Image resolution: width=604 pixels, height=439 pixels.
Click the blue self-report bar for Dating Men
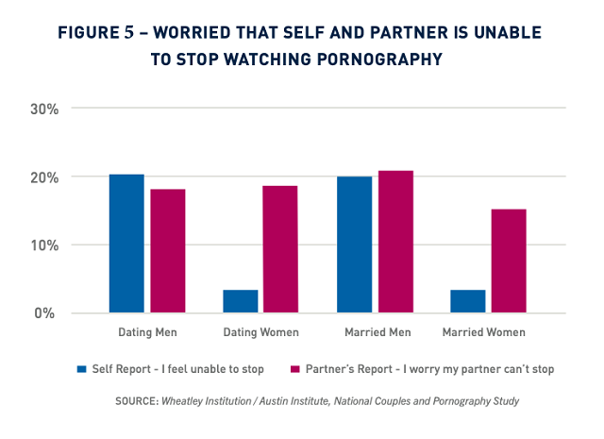point(126,244)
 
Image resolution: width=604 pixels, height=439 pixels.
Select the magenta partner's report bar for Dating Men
point(167,251)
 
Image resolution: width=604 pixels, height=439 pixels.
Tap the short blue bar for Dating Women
point(241,301)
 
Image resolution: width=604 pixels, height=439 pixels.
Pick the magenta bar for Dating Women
point(280,249)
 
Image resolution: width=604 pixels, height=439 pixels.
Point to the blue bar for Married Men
point(354,245)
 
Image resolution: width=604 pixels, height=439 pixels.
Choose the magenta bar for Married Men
point(394,242)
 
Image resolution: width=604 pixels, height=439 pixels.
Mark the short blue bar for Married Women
point(468,301)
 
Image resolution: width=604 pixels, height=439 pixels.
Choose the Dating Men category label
point(147,332)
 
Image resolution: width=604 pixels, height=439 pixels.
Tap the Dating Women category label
point(260,332)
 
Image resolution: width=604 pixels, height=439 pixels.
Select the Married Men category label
point(375,332)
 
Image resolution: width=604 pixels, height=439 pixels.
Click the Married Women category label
point(488,332)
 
